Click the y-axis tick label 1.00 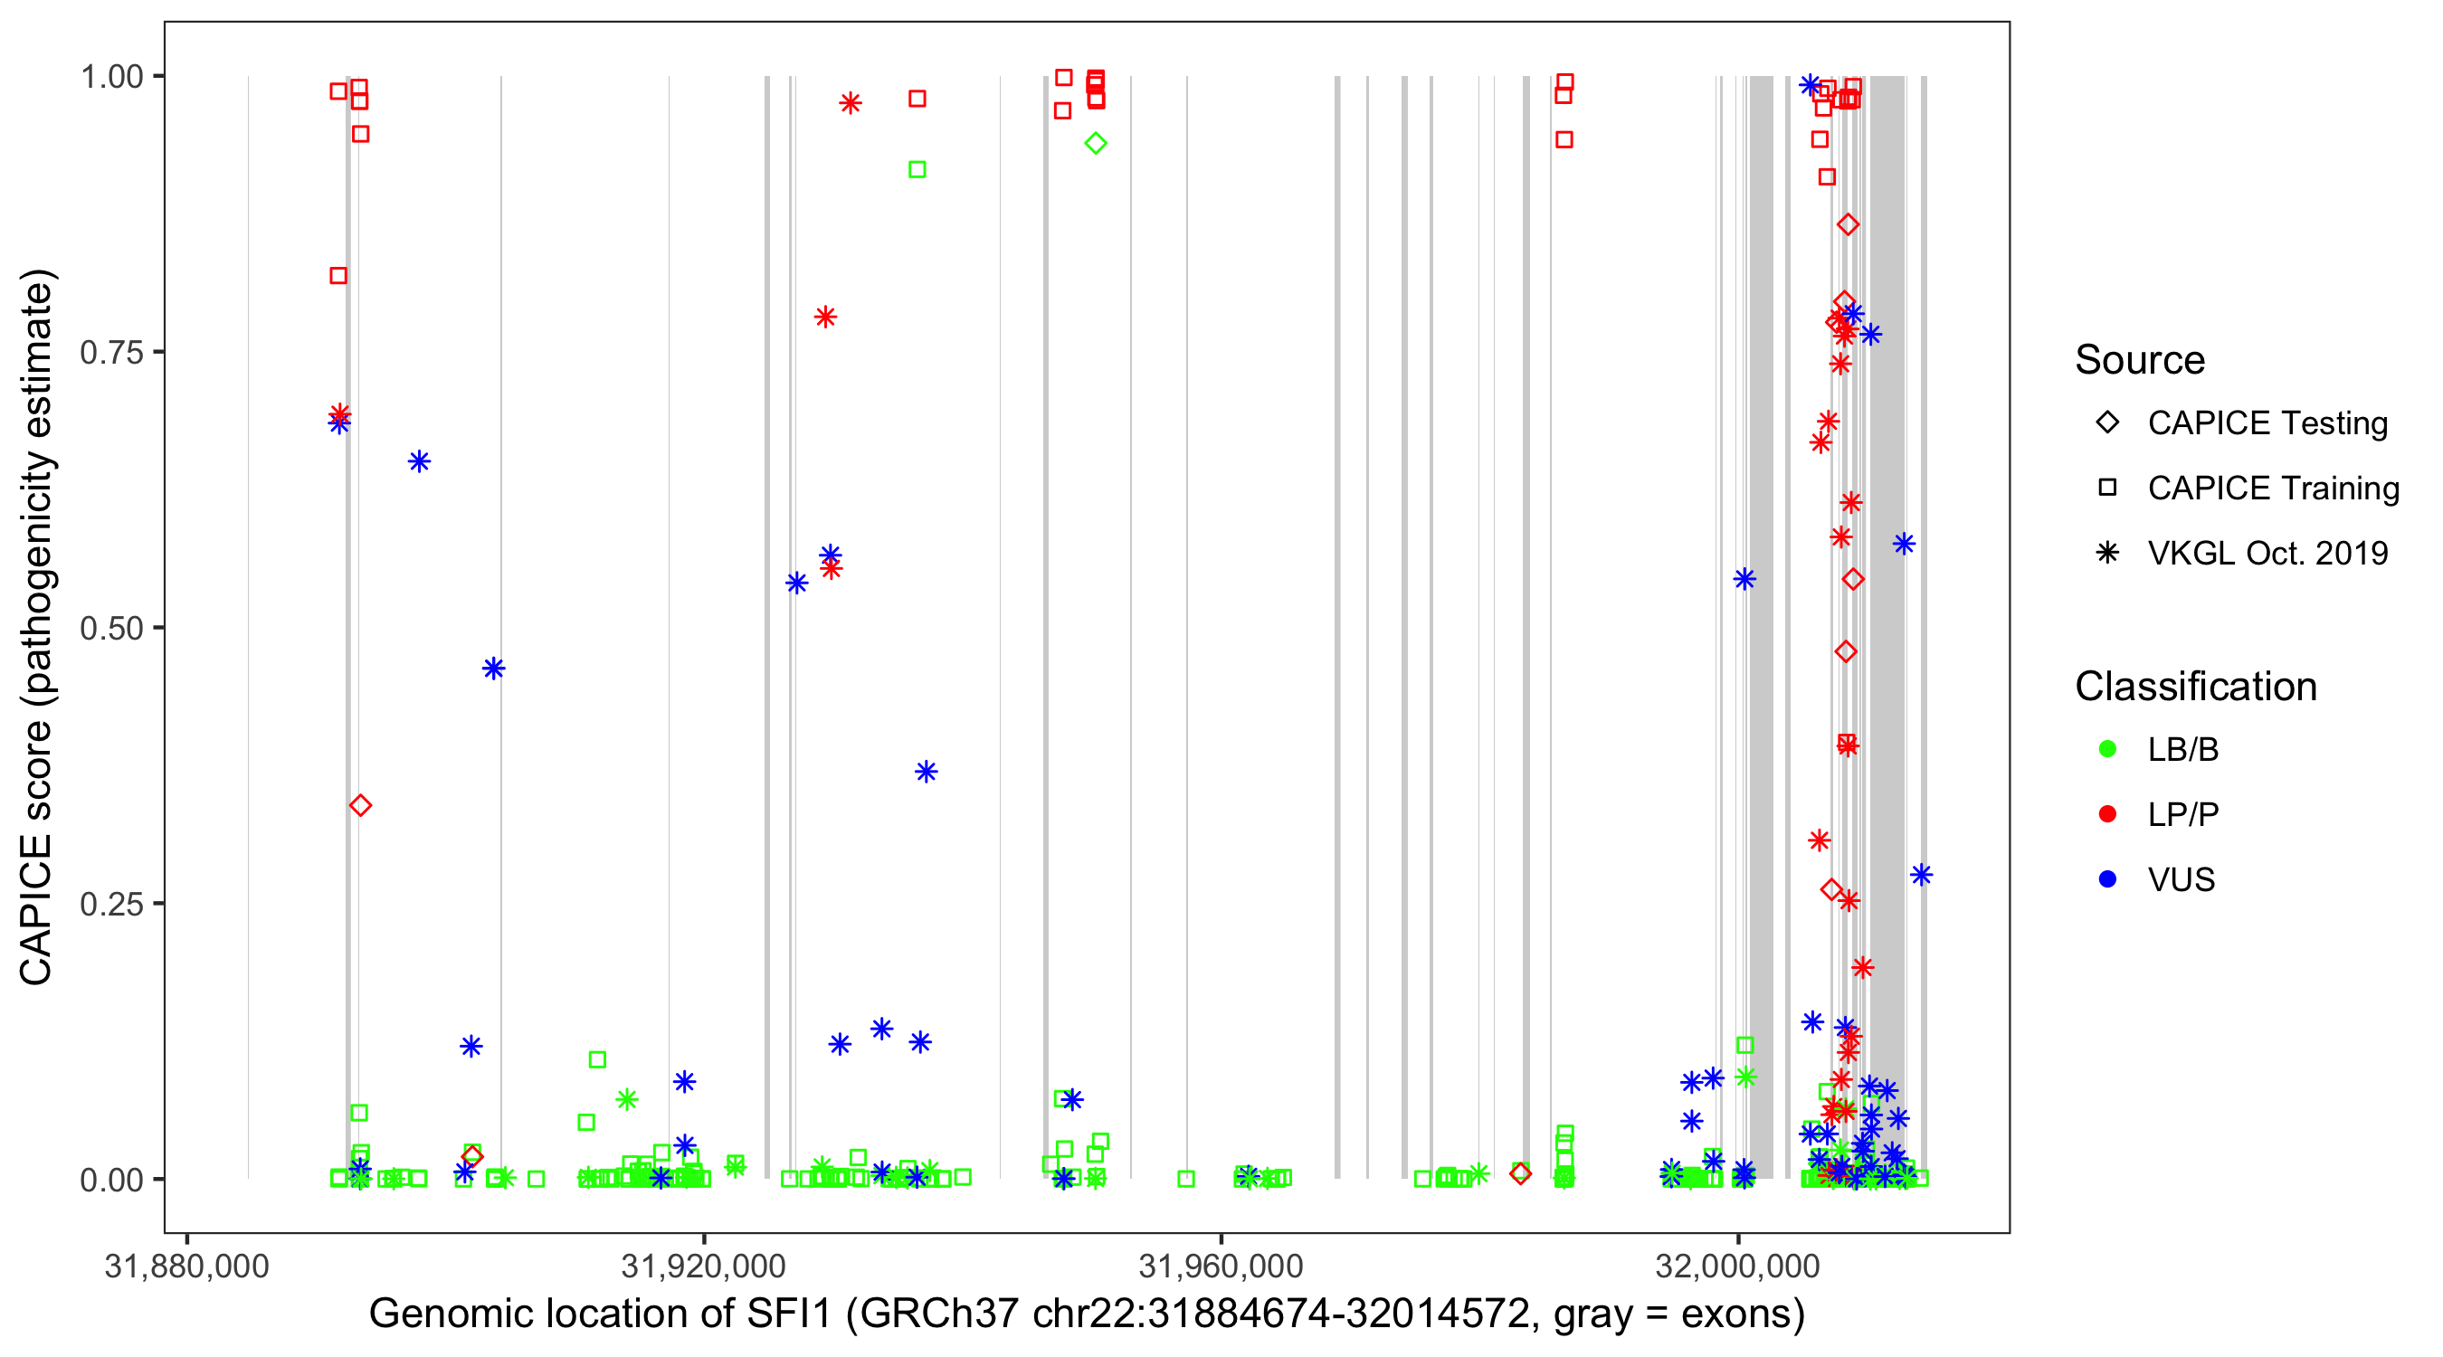coord(111,77)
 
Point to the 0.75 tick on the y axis coord(111,353)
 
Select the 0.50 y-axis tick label coord(111,629)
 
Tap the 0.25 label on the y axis coord(111,904)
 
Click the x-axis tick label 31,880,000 coord(186,1266)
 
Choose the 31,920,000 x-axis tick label coord(704,1266)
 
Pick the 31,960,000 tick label coord(1221,1266)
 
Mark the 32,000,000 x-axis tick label coord(1737,1266)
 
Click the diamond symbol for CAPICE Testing coord(2107,423)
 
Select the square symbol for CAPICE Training coord(2107,489)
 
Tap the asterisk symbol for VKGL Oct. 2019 coord(2107,553)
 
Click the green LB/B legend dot coord(2107,749)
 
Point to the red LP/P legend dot coord(2107,814)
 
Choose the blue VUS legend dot coord(2107,879)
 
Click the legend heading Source coord(2140,360)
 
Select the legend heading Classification coord(2195,687)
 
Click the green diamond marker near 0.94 coord(1096,143)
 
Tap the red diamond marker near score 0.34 coord(360,805)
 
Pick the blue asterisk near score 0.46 coord(493,669)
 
